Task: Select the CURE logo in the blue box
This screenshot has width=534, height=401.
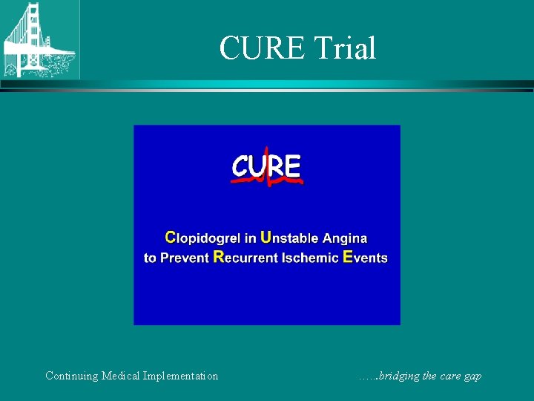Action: point(266,168)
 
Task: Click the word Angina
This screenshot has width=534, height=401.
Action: point(345,238)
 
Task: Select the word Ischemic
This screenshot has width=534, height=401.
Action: point(311,258)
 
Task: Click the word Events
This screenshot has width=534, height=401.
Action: point(366,258)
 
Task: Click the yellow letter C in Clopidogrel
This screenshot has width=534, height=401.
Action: point(170,238)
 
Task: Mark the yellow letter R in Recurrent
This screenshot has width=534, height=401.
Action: point(218,258)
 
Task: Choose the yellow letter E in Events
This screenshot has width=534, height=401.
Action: point(348,258)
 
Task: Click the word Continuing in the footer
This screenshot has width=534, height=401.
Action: point(71,376)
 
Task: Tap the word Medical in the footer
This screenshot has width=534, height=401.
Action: point(123,376)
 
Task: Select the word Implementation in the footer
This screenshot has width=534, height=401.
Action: point(183,376)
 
